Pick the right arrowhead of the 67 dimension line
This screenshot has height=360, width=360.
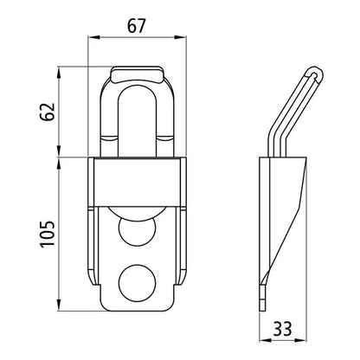tap(183, 39)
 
